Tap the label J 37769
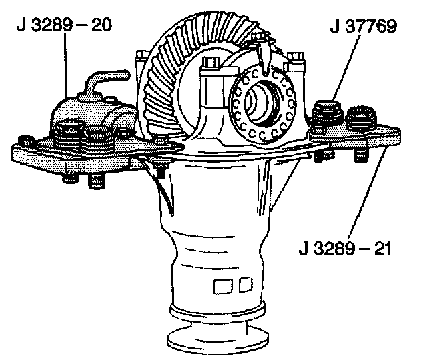pos(364,27)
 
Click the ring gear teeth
pos(167,73)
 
